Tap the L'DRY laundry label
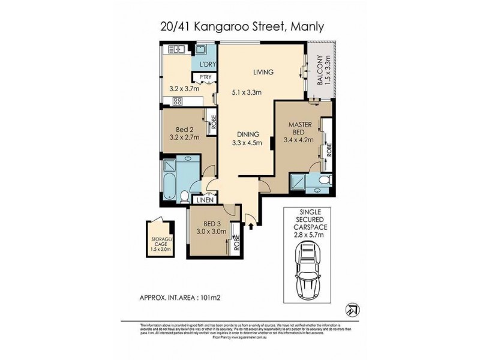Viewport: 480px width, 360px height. [200, 64]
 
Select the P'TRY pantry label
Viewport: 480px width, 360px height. [199, 76]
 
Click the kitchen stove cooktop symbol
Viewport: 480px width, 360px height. [178, 101]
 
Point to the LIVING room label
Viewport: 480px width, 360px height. [263, 72]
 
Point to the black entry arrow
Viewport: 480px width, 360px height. [251, 225]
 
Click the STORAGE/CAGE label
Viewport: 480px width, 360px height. [160, 243]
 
